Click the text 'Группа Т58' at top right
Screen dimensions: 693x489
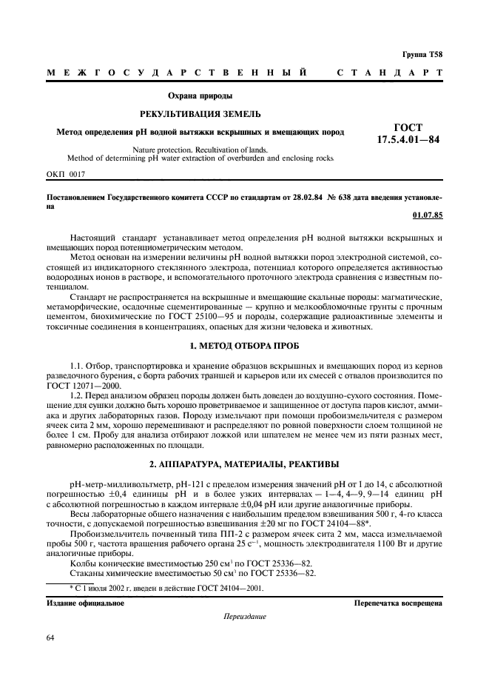click(422, 55)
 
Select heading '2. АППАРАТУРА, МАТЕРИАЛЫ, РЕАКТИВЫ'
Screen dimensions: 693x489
click(244, 463)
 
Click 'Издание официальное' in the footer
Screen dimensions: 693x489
click(85, 603)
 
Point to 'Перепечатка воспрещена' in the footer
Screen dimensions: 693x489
click(399, 603)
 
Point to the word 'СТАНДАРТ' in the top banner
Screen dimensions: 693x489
click(390, 73)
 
